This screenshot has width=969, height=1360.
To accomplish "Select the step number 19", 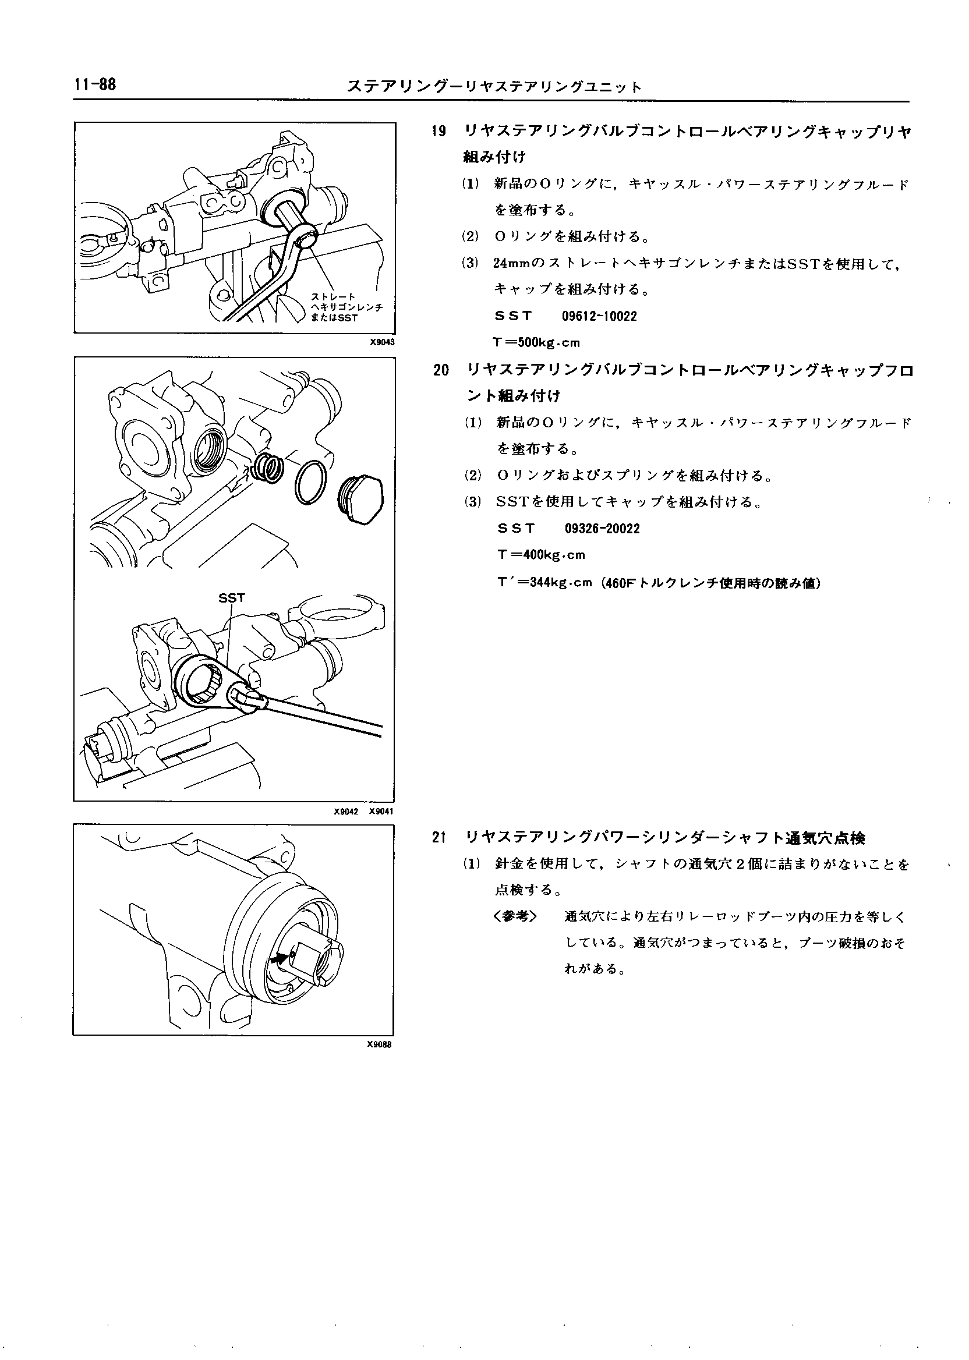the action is (439, 132).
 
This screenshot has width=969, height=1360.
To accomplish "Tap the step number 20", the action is (441, 370).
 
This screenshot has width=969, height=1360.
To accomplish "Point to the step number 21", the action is (440, 837).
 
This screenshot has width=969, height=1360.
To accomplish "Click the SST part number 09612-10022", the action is (599, 316).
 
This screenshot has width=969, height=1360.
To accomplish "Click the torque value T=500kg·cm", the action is (536, 342).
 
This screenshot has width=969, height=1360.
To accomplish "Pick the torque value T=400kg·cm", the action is (541, 555).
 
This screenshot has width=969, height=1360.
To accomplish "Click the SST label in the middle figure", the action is (232, 598).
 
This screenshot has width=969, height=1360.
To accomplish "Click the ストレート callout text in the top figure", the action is (334, 296).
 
